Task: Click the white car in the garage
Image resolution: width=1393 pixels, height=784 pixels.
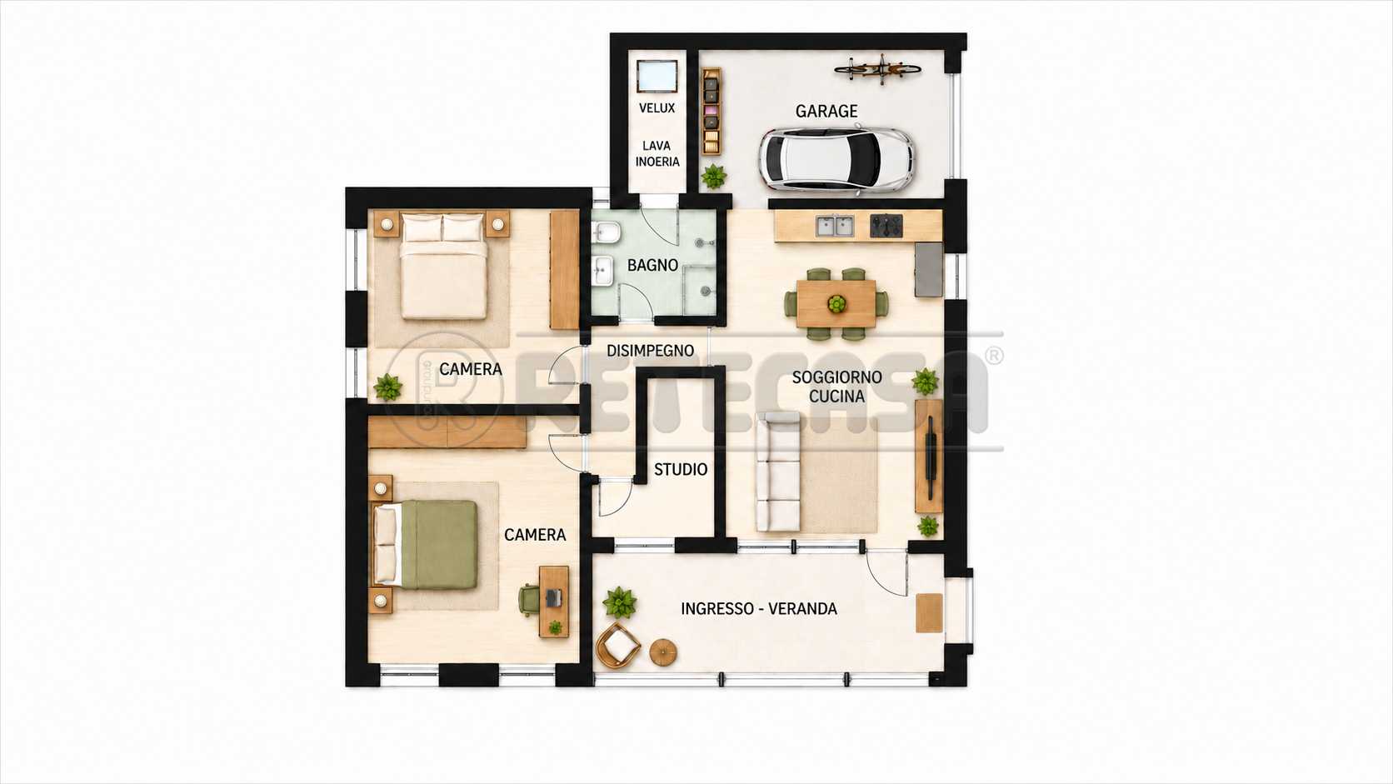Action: [x=836, y=159]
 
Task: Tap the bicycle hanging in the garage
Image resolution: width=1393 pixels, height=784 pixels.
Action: [x=876, y=68]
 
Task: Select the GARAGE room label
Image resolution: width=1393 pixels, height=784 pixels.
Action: [x=826, y=112]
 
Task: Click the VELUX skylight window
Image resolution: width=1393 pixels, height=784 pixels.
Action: [x=657, y=77]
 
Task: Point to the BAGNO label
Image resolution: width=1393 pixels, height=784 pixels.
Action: [x=652, y=266]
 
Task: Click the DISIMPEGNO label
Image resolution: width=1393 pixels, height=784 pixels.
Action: [x=651, y=351]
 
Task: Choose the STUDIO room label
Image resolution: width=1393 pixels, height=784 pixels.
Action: [x=681, y=469]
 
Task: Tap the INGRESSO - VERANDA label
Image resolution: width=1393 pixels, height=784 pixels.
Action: [x=759, y=609]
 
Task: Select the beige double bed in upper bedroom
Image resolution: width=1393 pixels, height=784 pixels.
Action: [x=443, y=266]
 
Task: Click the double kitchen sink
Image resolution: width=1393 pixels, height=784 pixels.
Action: [x=835, y=226]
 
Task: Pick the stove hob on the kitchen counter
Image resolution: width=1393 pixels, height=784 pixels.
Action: [x=886, y=226]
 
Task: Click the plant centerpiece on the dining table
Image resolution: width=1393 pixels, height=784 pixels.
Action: [x=837, y=304]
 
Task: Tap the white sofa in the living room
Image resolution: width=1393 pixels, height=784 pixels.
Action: [x=778, y=472]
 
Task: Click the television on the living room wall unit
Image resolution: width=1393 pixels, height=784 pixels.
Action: [x=931, y=457]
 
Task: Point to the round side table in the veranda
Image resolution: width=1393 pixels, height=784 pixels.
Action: [x=663, y=652]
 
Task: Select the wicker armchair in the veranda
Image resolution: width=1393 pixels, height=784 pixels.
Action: [x=618, y=646]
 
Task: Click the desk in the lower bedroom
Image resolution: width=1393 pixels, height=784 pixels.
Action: [x=553, y=602]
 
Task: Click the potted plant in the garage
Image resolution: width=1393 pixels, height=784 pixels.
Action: [x=713, y=177]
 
